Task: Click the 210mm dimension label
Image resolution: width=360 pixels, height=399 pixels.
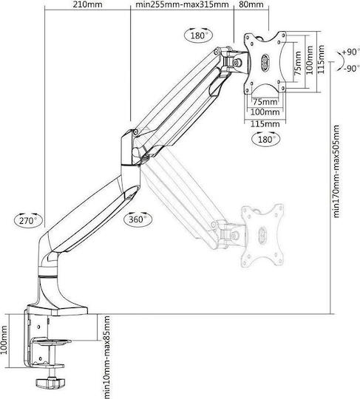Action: coord(87,4)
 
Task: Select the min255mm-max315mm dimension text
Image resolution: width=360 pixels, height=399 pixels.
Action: coord(182,4)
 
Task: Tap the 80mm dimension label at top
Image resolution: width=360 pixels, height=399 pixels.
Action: coord(251,4)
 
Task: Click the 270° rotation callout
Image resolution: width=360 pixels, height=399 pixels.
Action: coord(28,220)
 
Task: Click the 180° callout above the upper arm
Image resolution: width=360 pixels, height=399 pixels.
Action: coord(200,35)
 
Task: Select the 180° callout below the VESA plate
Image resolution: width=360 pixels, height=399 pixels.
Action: coord(265,140)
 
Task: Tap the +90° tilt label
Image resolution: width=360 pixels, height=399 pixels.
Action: coord(351,52)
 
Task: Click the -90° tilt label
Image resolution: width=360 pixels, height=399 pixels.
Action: coord(351,68)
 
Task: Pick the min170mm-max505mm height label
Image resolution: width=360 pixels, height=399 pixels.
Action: coord(336,171)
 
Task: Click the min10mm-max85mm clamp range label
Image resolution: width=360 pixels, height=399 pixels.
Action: coord(107,357)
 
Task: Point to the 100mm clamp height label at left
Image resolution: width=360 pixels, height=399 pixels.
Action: coord(4,340)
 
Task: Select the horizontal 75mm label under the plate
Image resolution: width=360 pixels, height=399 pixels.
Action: coord(265,102)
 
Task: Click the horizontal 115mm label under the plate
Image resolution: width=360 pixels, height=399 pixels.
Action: coord(265,124)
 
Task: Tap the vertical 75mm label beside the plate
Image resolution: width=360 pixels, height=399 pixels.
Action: coord(298,63)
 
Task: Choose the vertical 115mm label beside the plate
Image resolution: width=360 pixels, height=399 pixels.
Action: coord(321,60)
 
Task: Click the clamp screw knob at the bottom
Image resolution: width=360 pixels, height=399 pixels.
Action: coord(51,383)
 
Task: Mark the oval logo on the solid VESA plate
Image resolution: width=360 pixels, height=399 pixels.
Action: coord(265,62)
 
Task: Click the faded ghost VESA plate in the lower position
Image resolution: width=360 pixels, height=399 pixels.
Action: coord(262,236)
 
